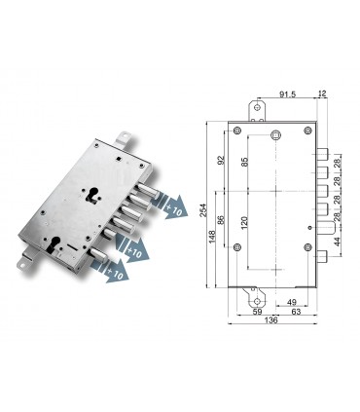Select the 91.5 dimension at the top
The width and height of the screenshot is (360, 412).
tap(289, 95)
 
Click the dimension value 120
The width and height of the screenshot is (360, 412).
tap(245, 224)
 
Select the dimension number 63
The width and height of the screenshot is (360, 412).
tap(293, 313)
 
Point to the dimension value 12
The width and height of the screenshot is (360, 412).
tap(322, 95)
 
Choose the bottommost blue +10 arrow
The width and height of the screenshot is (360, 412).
tap(114, 275)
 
